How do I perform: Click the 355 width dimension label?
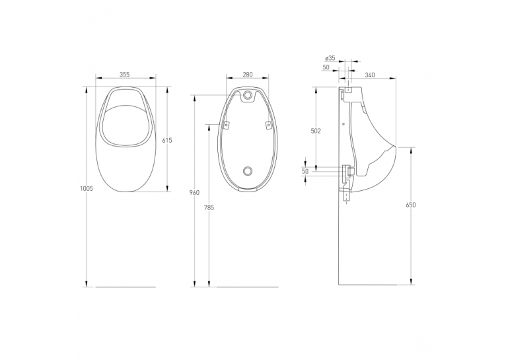click(124, 75)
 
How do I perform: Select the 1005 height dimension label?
click(86, 189)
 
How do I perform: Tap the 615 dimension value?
click(168, 140)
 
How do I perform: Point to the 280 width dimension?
click(247, 75)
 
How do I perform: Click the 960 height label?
click(195, 193)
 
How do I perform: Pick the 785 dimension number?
click(209, 207)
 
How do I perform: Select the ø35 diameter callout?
click(330, 58)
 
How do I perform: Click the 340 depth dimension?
click(370, 75)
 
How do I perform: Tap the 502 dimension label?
click(316, 131)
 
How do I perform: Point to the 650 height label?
click(411, 205)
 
